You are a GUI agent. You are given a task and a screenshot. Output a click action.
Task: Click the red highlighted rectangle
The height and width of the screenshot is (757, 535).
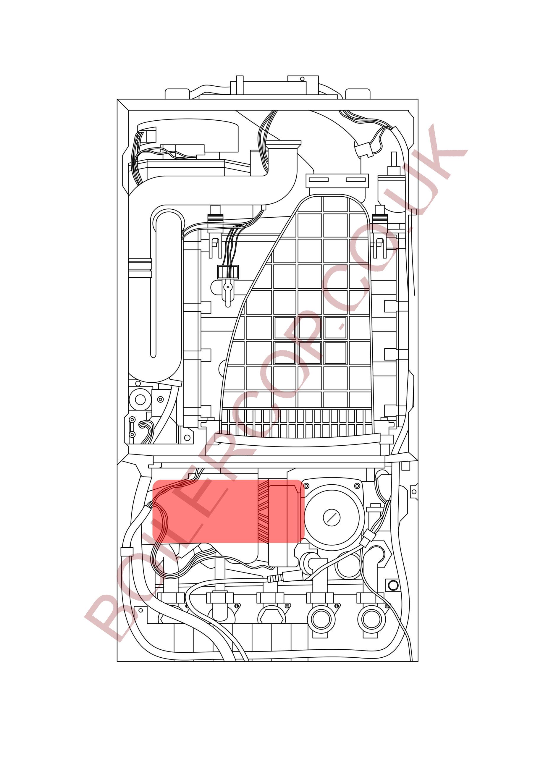pos(228,515)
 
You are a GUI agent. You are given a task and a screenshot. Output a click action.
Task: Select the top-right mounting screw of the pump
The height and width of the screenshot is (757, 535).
pos(357,486)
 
